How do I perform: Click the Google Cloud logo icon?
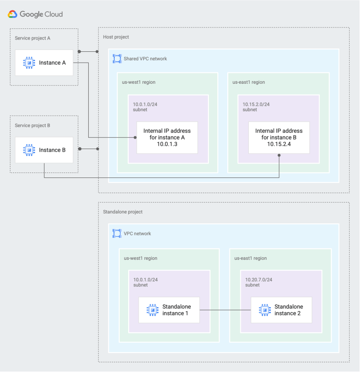tap(13, 14)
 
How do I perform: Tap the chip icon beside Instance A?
tap(29, 63)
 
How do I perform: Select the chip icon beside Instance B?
tap(29, 150)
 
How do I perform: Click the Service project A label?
tap(32, 38)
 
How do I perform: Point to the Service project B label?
tap(32, 126)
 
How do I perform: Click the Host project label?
tap(116, 37)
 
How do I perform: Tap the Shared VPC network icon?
tap(117, 59)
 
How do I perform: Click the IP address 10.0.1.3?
tap(167, 144)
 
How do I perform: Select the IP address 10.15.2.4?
tap(279, 144)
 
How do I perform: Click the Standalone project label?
tap(123, 212)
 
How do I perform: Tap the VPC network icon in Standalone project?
tap(117, 233)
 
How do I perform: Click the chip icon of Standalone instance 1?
tap(153, 310)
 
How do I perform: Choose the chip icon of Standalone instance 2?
tap(265, 310)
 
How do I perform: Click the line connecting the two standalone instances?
tap(225, 310)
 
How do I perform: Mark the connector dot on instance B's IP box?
tap(279, 155)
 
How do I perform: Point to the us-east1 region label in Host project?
tap(248, 82)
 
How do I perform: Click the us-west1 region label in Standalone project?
tap(140, 259)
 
